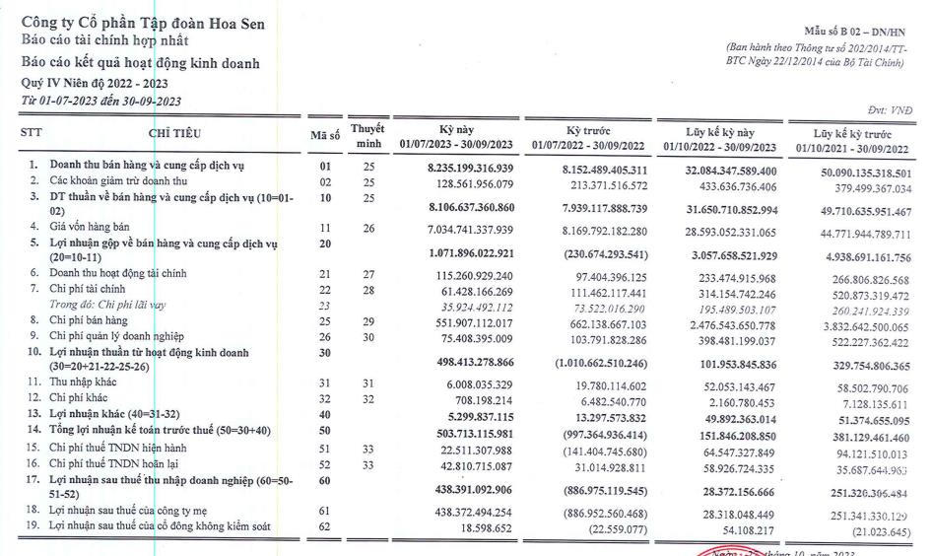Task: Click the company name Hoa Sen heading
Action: point(142,23)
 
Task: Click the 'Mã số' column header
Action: point(324,135)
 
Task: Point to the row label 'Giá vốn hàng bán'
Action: point(92,226)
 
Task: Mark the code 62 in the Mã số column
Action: point(324,527)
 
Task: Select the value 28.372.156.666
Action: point(737,491)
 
